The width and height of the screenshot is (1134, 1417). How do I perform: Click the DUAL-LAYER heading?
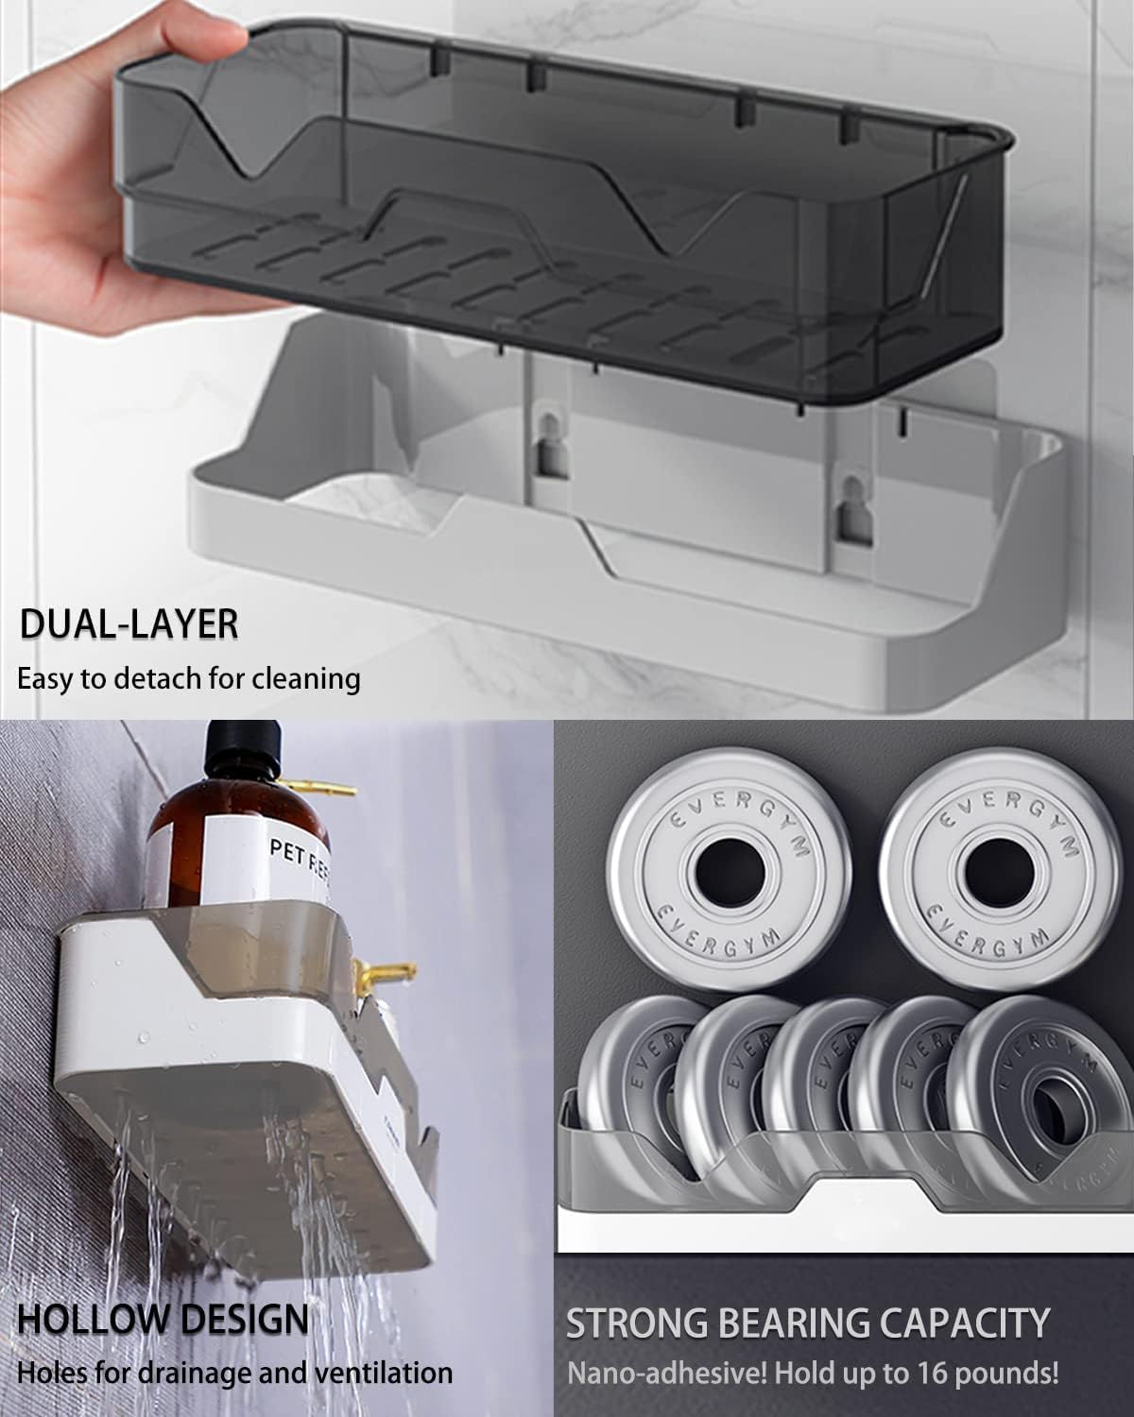click(x=129, y=625)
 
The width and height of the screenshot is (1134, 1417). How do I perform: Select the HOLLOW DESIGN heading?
click(x=163, y=1319)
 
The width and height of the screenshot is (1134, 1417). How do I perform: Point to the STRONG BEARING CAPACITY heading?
click(x=808, y=1323)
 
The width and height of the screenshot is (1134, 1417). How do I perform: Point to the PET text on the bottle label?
click(x=286, y=850)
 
